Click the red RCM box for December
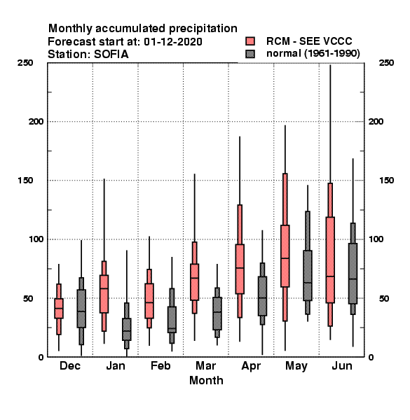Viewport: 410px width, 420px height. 59,308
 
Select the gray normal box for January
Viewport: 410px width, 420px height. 127,329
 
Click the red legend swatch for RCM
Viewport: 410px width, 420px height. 250,41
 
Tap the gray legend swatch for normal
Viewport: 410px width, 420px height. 250,54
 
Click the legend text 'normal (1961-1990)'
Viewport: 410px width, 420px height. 313,54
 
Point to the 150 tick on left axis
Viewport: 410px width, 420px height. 25,181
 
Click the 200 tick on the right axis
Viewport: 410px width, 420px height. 376,122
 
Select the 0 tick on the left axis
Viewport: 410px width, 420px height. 41,357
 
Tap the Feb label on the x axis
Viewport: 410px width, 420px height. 160,366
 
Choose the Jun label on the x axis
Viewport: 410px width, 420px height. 342,366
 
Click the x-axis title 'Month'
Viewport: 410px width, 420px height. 206,381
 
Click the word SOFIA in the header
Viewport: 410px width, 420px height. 111,55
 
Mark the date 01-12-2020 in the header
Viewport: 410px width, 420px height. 173,42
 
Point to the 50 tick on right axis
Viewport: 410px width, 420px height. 384,298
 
